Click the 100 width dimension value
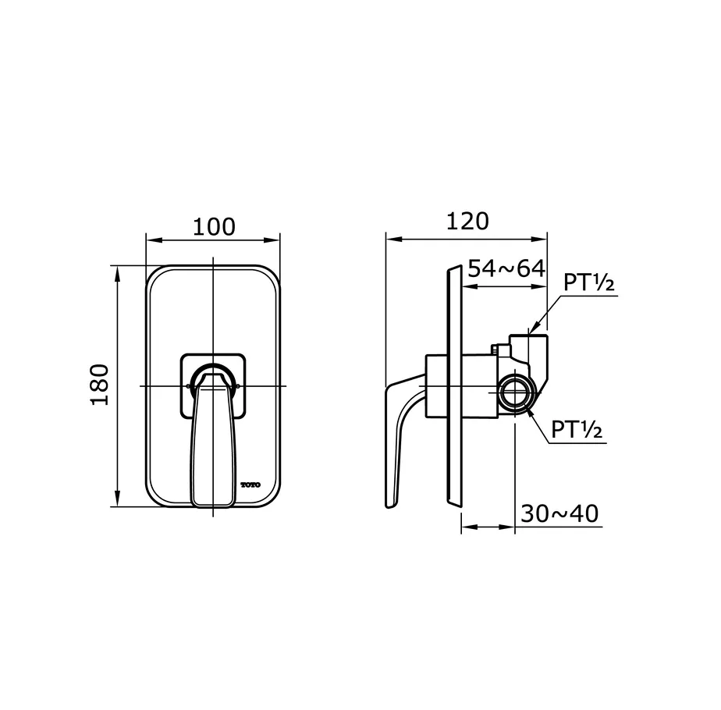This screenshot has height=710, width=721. click(x=214, y=227)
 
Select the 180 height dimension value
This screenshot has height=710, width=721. click(x=100, y=385)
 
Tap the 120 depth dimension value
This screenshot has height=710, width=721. click(x=467, y=221)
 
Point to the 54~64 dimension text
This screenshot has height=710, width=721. click(x=506, y=268)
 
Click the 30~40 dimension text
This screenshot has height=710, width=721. click(x=559, y=513)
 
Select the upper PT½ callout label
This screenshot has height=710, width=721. click(x=589, y=282)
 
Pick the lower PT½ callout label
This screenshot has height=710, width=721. click(x=577, y=429)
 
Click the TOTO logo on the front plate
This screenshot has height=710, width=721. click(x=250, y=485)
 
